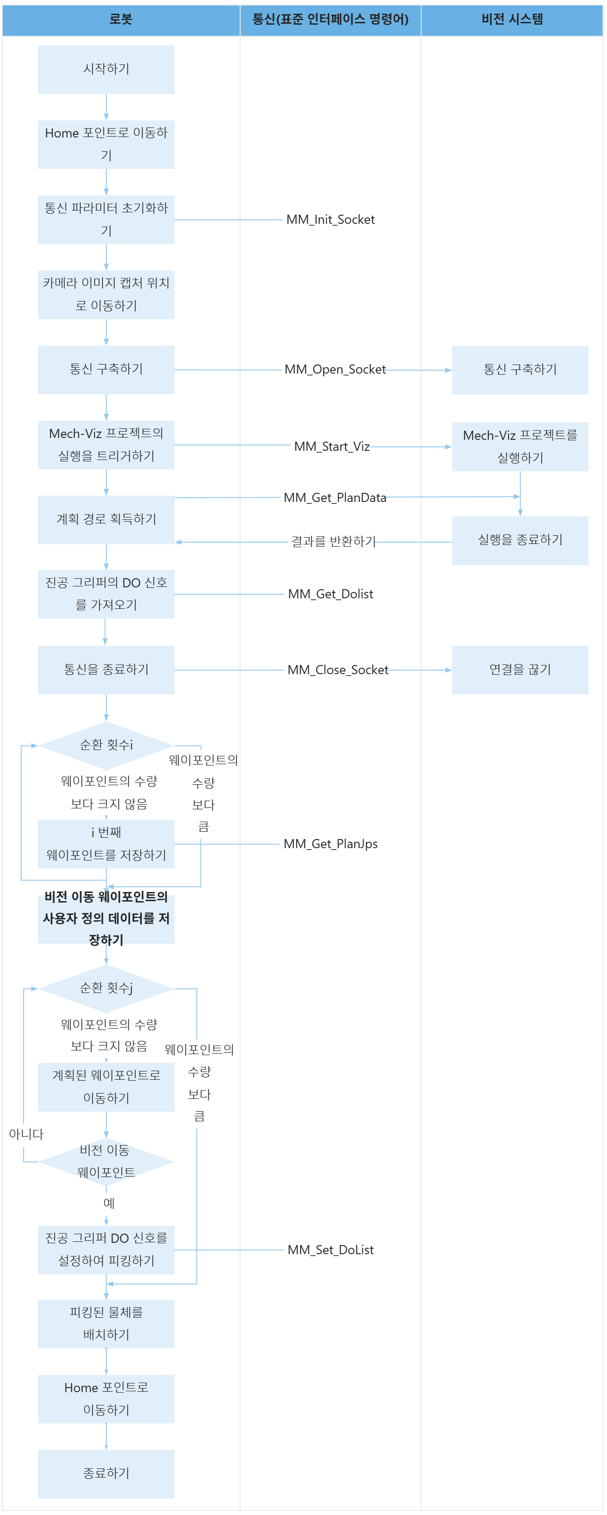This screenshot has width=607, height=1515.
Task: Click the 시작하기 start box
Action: coord(106,69)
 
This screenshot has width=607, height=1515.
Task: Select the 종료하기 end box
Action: coord(106,1473)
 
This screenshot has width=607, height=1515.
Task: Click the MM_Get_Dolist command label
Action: coord(331,595)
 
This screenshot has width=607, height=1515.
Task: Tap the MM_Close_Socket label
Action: coord(338,670)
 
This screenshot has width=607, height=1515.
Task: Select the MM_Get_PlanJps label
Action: coord(331,845)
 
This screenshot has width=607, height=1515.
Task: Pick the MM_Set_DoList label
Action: coord(331,1250)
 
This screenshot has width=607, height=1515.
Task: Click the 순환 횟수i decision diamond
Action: coord(106,745)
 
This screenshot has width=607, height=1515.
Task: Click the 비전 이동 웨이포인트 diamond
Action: coord(106,1161)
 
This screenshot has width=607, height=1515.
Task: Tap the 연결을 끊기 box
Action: coord(520,670)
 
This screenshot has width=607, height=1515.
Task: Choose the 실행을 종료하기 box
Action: coord(520,540)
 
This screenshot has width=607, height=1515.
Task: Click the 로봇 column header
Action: coord(121,19)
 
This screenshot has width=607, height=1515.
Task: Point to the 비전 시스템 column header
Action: coord(512,19)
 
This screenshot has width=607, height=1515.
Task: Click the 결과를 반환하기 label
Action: coord(333,542)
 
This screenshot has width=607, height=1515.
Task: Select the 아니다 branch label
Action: coord(26,1135)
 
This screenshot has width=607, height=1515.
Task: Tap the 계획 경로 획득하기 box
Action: coord(106,519)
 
